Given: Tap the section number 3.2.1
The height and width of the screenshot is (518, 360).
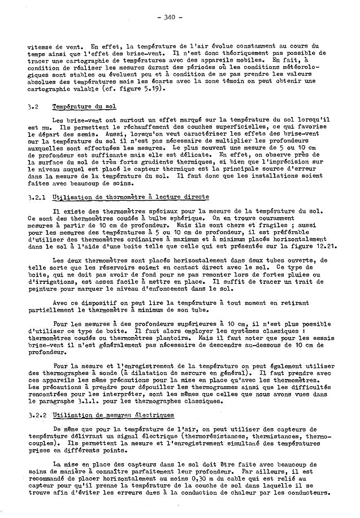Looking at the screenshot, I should click(x=36, y=197).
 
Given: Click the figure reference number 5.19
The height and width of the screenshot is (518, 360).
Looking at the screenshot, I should click(x=138, y=88).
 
